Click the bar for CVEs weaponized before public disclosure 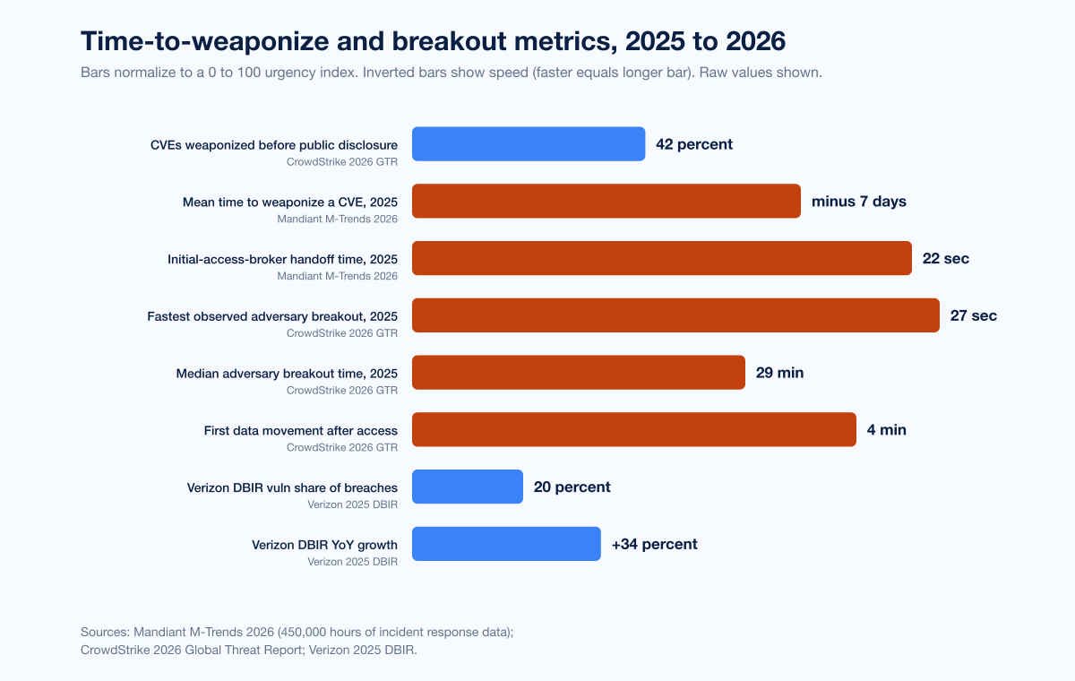point(529,144)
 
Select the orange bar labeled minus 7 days point(606,202)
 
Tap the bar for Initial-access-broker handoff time point(661,258)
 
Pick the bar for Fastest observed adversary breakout point(675,315)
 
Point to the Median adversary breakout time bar point(578,373)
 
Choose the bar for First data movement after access point(633,430)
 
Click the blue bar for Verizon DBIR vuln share point(467,487)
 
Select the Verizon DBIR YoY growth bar point(506,544)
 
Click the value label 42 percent point(694,144)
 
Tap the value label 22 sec point(946,259)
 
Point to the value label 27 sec point(974,315)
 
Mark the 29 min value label point(779,373)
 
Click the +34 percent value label point(654,544)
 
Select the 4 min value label point(887,430)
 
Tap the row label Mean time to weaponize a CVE point(289,203)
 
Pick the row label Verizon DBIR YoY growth point(324,545)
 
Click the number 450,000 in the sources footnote point(328,632)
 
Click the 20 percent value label point(572,487)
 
